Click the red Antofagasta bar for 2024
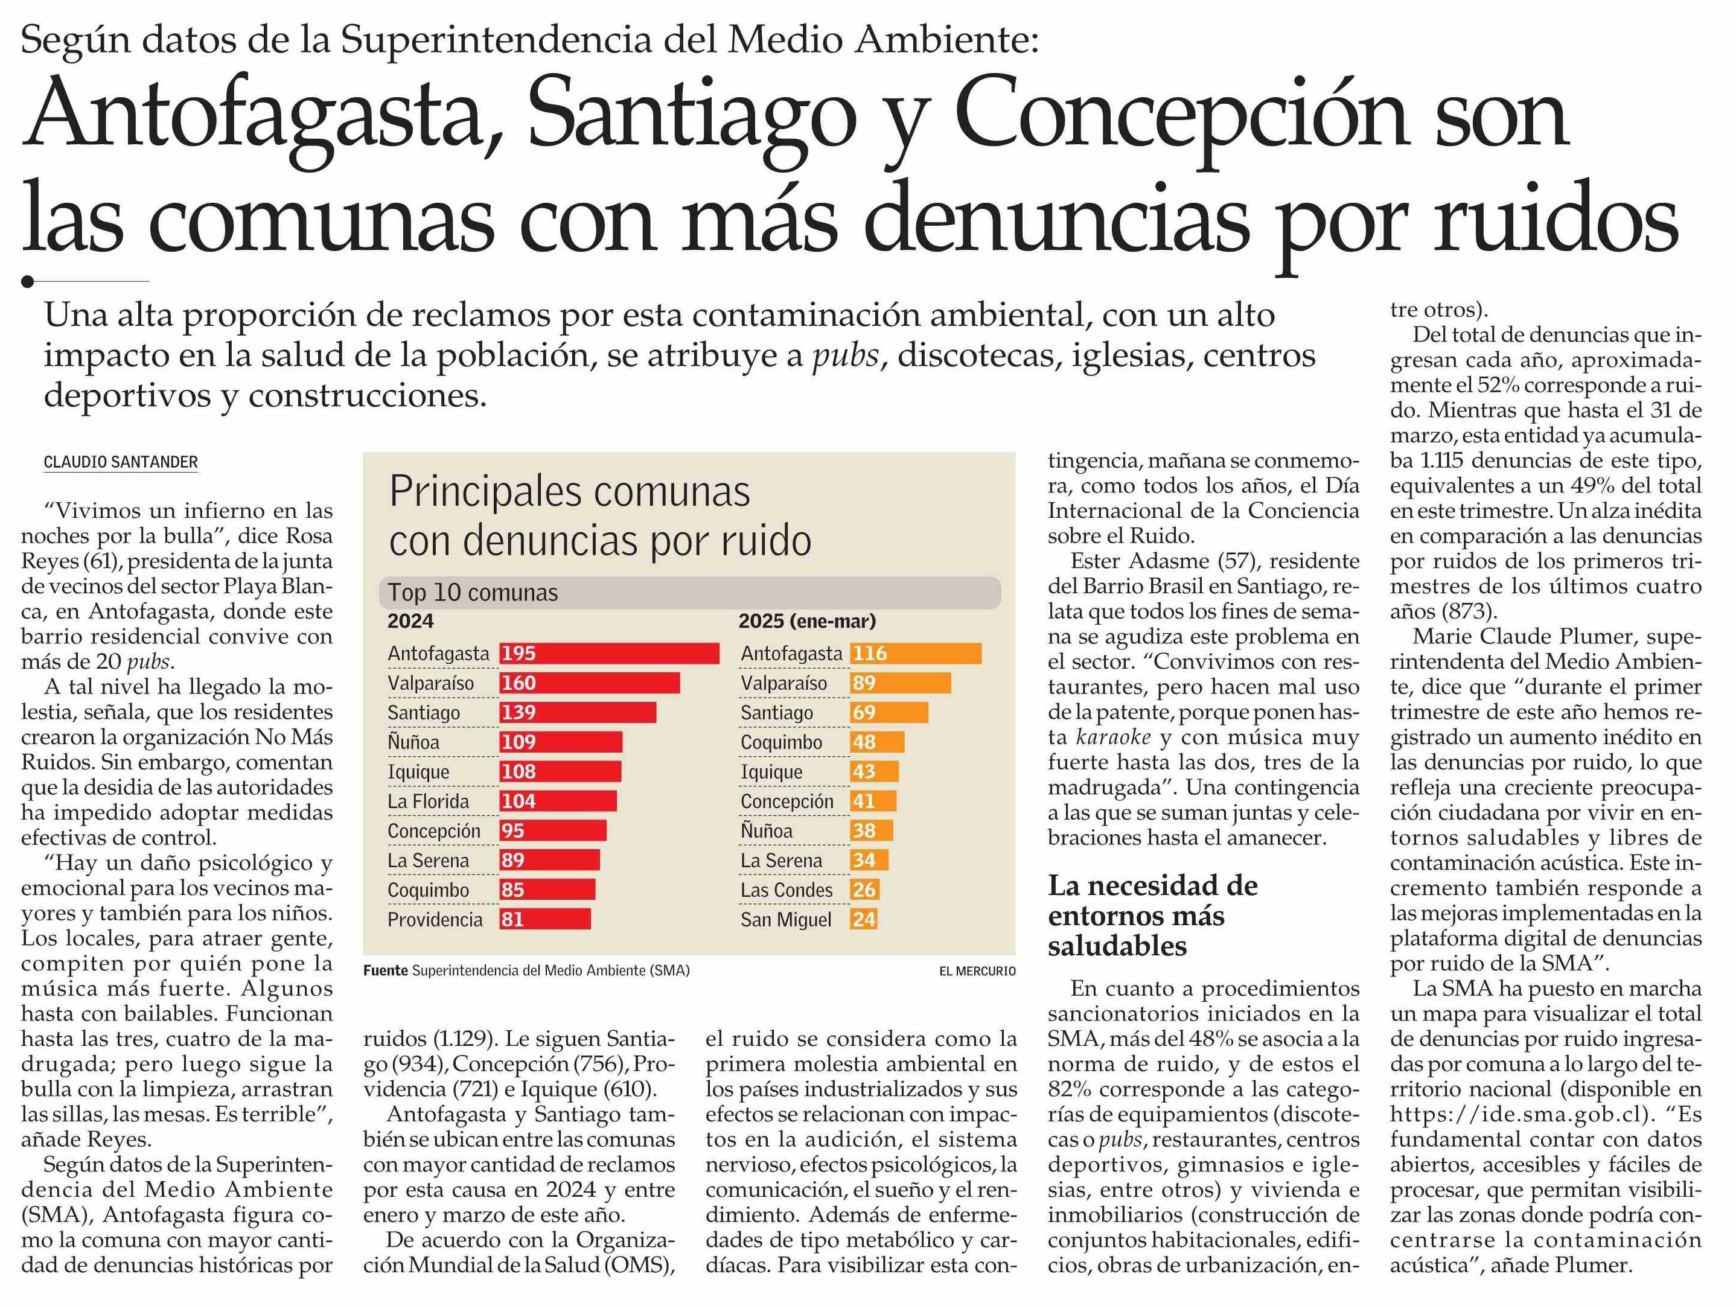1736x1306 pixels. point(609,653)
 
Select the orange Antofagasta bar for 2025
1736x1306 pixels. point(915,653)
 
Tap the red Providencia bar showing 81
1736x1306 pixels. point(544,919)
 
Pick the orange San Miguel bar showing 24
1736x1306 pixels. point(863,919)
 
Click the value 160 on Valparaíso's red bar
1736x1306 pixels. point(519,683)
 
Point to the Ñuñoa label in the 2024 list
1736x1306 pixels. point(413,742)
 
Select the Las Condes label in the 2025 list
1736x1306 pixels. point(787,890)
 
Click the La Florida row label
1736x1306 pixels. point(428,801)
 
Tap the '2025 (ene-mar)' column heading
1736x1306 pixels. point(807,621)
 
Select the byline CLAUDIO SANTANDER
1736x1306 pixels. point(121,462)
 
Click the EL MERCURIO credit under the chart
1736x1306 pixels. point(977,972)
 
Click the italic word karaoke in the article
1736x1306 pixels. point(1113,737)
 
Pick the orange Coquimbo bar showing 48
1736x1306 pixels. point(876,742)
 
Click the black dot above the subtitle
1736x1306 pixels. point(28,281)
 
